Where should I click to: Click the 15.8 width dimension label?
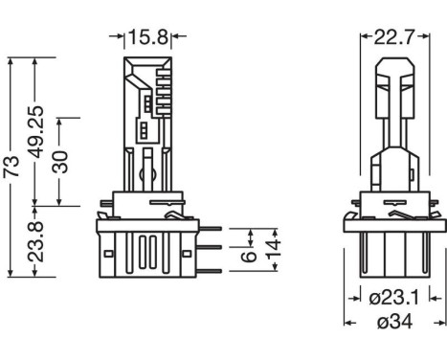tap(147, 37)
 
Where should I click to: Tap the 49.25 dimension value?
tap(35, 132)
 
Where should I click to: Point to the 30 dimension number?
tap(60, 162)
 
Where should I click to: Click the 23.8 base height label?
tap(35, 241)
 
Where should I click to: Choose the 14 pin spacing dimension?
tap(274, 249)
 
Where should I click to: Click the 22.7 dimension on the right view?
tap(393, 37)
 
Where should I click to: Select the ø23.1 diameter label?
tap(393, 298)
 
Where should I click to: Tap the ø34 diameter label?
tap(394, 322)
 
